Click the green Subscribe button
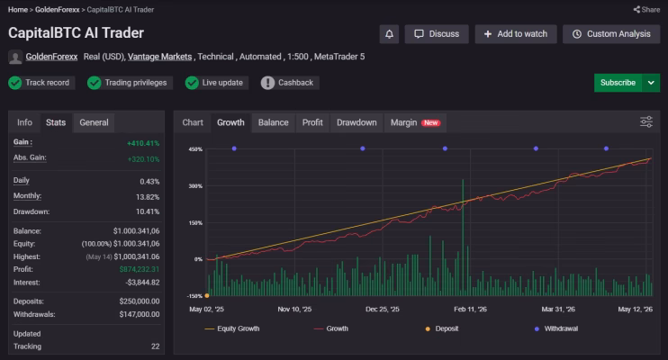click(x=618, y=83)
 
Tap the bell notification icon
click(x=389, y=34)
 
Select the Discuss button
click(x=437, y=34)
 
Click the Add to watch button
click(x=516, y=34)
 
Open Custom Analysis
click(x=611, y=34)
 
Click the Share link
click(x=646, y=9)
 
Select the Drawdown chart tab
click(x=357, y=122)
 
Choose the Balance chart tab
click(x=273, y=122)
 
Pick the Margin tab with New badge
click(x=415, y=122)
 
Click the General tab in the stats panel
click(x=94, y=122)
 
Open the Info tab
click(x=24, y=122)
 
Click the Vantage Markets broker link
click(x=159, y=57)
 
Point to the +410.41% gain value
click(x=143, y=143)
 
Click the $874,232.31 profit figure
click(x=140, y=269)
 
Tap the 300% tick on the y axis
click(x=195, y=186)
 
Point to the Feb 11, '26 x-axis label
click(x=470, y=310)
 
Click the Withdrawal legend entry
click(x=556, y=328)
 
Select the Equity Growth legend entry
click(x=232, y=328)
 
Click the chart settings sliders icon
click(x=646, y=121)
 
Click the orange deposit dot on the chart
click(x=207, y=296)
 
